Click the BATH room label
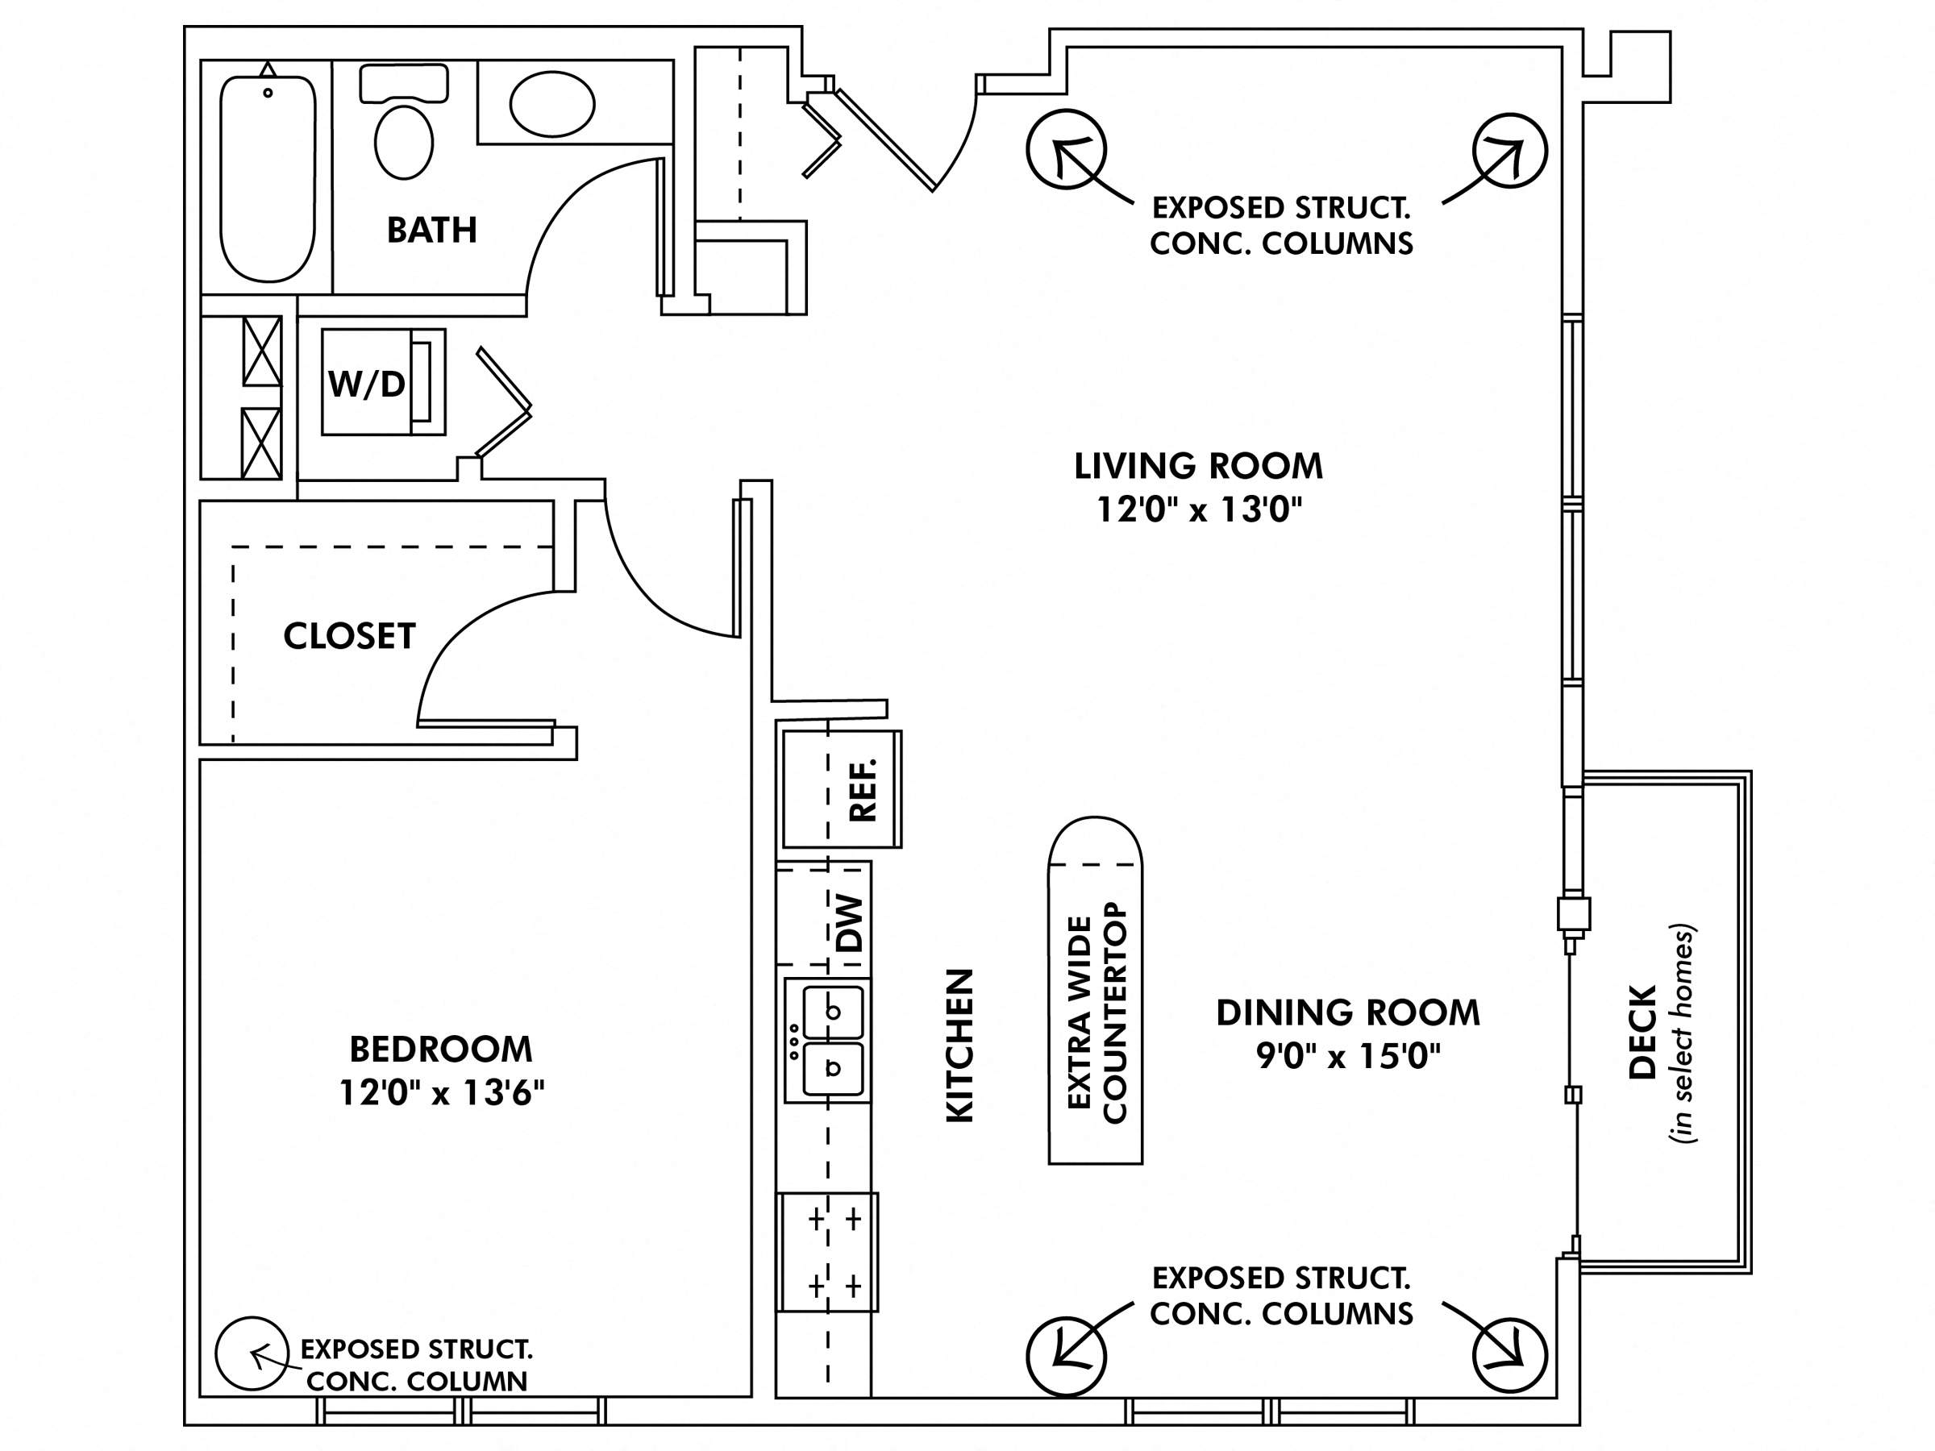(431, 230)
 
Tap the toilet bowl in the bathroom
(403, 142)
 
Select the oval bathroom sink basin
(552, 104)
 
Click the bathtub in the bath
(267, 179)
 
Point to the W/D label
(367, 383)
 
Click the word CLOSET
(349, 636)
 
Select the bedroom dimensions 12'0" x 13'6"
(442, 1092)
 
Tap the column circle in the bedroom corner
(252, 1353)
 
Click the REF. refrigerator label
(862, 790)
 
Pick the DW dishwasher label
(850, 924)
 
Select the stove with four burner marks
(827, 1252)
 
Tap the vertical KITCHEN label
(959, 1046)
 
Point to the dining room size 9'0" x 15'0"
(1348, 1056)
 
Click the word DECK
(1642, 1033)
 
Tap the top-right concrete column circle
(1509, 151)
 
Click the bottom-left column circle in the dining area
(1066, 1356)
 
